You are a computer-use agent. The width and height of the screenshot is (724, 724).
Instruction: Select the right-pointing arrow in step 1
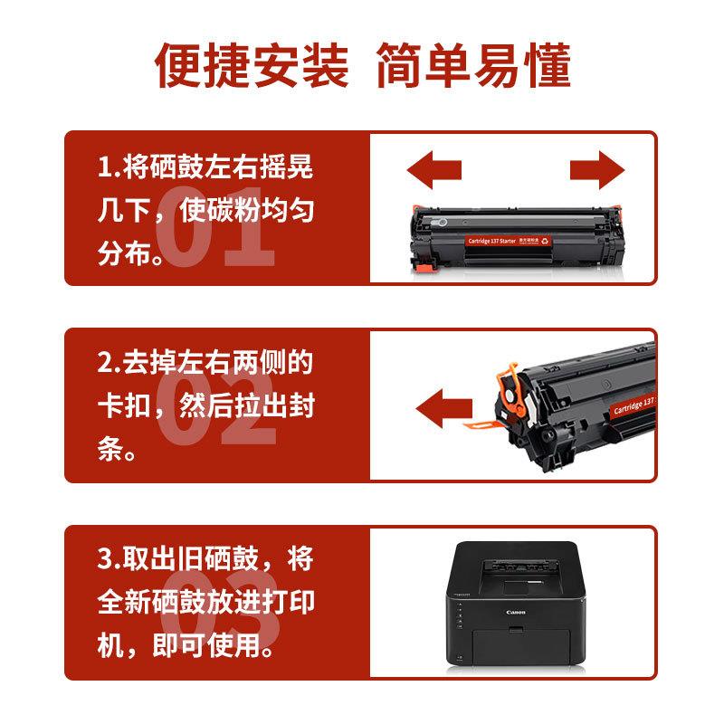coord(597,170)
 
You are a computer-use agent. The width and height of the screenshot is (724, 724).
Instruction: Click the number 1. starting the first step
coord(109,167)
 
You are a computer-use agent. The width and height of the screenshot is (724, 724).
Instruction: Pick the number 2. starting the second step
coord(109,363)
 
